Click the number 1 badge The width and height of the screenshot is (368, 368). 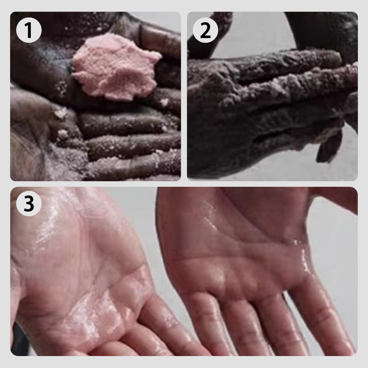[29, 30]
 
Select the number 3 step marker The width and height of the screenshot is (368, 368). [29, 205]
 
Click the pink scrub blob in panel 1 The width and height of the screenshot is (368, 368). [115, 69]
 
